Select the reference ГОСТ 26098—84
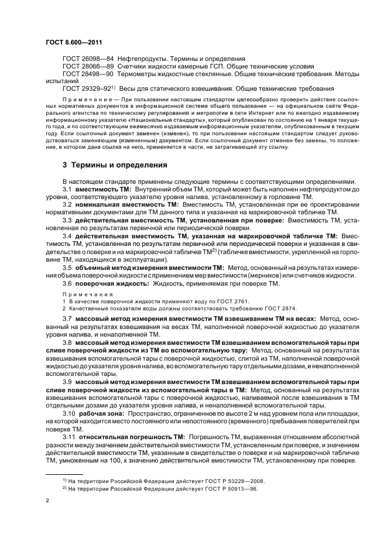[87, 60]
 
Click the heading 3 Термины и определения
[115, 165]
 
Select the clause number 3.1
[67, 191]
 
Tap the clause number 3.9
[67, 382]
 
